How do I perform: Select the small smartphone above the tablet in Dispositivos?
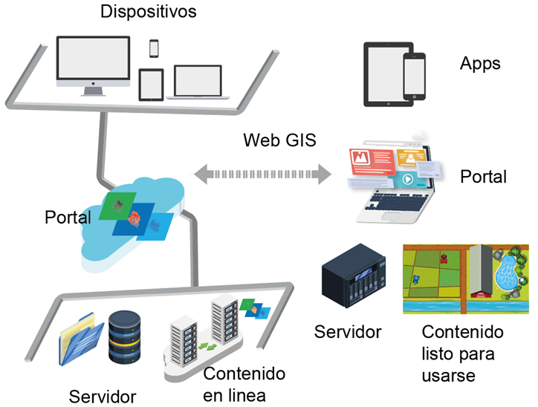[x=155, y=48]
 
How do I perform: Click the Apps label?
[x=480, y=63]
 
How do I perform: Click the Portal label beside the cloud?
[x=68, y=218]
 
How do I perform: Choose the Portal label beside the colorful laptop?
[x=483, y=177]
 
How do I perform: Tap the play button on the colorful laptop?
[x=406, y=180]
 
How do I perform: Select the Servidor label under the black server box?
[x=349, y=331]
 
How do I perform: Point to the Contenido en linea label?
[x=244, y=382]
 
